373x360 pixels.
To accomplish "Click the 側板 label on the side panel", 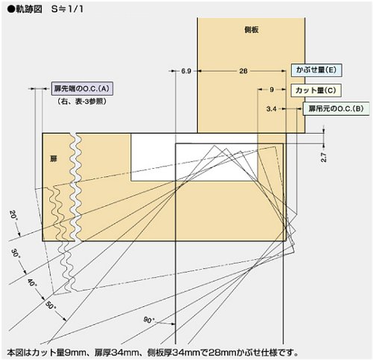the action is pos(251,30).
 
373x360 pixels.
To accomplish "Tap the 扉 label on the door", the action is pos(54,158).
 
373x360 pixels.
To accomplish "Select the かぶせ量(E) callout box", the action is pos(316,70).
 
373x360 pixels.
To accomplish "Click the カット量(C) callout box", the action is pos(316,90).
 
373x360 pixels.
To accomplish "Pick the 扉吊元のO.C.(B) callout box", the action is pos(336,109).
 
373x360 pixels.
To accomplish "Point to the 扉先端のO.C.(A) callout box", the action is pos(82,89).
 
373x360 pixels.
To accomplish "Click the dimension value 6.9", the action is pos(186,71).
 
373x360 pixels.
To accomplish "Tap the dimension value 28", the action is pos(243,71).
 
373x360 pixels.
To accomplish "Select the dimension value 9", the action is pos(272,90).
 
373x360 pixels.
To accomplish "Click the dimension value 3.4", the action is pos(272,109).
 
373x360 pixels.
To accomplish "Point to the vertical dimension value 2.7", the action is pos(324,157).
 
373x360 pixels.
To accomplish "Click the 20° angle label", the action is pos(13,215).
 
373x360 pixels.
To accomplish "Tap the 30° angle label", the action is pos(16,253).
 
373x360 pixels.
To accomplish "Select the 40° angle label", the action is pos(31,282).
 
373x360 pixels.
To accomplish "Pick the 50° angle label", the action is pos(51,305).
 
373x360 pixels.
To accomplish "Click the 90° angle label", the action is pos(149,320).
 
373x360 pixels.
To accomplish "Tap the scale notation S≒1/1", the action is pos(67,10).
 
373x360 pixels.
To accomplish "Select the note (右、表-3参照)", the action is pos(82,102).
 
